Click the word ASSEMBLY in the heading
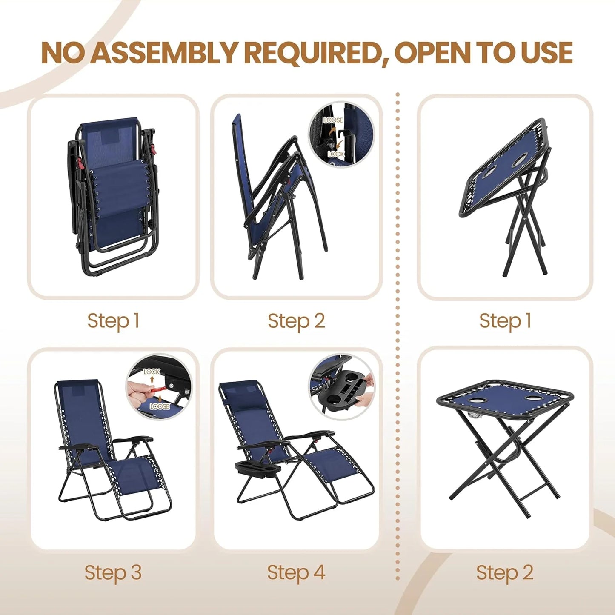(165, 53)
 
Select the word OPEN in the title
(432, 53)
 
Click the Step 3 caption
(113, 572)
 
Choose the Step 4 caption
(296, 572)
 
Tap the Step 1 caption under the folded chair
(114, 321)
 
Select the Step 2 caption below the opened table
(505, 572)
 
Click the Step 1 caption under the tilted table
(506, 321)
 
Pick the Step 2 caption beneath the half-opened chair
(296, 321)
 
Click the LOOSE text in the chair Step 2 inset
(333, 120)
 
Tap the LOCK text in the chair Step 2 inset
(336, 154)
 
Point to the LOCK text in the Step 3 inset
(152, 372)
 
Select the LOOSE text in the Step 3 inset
(160, 406)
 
